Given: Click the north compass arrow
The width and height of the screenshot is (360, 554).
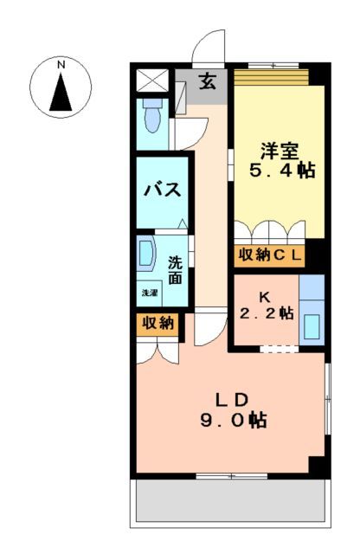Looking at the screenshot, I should click(x=61, y=93).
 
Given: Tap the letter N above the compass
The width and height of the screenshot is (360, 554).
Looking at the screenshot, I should click(x=61, y=65).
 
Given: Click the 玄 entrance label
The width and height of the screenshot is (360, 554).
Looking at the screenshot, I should click(x=209, y=83).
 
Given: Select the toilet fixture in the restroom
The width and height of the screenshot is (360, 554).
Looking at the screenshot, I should click(x=153, y=116).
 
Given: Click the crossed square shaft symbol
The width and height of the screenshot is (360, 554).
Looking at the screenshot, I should click(x=152, y=81).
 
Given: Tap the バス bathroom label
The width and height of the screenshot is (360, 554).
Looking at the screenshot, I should click(x=162, y=190).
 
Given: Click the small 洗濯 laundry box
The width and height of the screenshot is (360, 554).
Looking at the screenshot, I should click(x=150, y=293).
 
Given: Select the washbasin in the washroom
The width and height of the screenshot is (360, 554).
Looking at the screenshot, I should click(x=145, y=254).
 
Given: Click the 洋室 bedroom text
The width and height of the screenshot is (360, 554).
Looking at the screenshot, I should click(x=275, y=148).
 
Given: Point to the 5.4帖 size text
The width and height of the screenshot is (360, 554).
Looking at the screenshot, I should click(x=276, y=171).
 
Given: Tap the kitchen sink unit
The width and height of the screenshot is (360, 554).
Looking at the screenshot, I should click(x=312, y=312).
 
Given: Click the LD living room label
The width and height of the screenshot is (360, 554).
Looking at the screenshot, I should click(x=232, y=399).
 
